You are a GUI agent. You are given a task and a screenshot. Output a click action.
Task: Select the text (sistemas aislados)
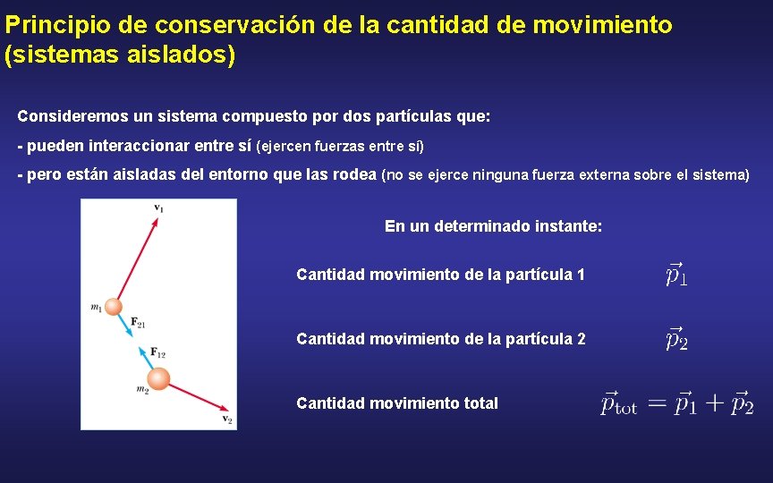click(x=121, y=56)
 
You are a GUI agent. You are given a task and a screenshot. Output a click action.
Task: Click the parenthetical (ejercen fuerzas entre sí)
click(x=340, y=146)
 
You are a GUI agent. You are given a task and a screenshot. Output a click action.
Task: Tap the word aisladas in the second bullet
click(x=146, y=174)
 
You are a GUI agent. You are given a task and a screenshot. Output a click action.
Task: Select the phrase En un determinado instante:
click(x=493, y=226)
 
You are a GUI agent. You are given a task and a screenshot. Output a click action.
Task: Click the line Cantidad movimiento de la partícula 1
click(x=440, y=275)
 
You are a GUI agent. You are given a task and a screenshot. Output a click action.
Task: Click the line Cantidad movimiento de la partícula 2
click(x=440, y=339)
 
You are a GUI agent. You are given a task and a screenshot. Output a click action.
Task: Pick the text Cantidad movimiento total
click(x=397, y=403)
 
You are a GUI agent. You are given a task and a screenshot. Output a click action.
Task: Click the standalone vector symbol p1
click(x=676, y=274)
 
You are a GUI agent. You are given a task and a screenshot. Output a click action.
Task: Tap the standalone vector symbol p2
click(x=676, y=338)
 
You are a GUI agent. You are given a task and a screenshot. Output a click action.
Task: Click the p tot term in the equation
click(x=618, y=403)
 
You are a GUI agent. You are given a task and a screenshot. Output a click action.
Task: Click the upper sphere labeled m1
click(x=114, y=307)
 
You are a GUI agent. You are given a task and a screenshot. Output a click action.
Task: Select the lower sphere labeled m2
click(x=157, y=378)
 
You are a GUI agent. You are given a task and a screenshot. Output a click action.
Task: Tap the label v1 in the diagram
click(x=158, y=208)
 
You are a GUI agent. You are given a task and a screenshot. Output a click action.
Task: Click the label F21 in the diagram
click(x=138, y=321)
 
